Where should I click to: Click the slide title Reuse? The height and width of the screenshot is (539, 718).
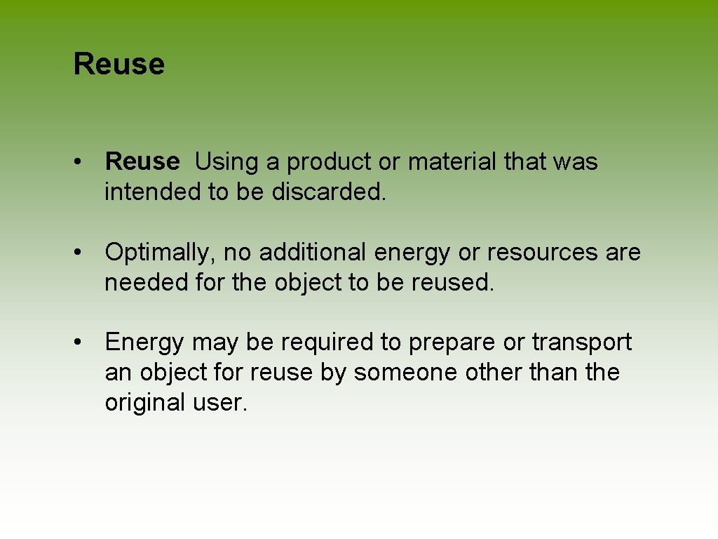pos(118,64)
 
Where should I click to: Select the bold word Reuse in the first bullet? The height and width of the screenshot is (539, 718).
pos(142,161)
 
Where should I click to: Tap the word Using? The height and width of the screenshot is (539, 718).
pos(226,162)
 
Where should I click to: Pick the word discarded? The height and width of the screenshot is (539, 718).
pos(328,192)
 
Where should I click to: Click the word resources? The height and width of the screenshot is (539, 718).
pos(535,252)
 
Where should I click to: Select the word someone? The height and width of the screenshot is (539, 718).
pos(406,373)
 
